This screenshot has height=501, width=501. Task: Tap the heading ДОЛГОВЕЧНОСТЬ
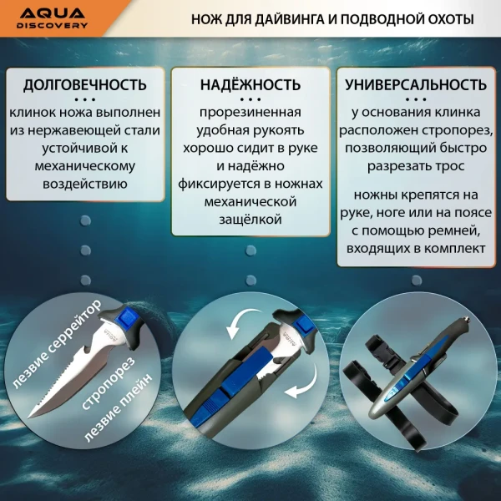click(x=85, y=84)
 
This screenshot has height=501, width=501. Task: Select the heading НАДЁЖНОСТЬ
click(x=250, y=84)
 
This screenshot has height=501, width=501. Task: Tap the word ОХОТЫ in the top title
click(x=445, y=18)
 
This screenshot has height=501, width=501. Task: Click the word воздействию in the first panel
click(x=86, y=182)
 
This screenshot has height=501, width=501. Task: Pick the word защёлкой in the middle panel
click(x=250, y=219)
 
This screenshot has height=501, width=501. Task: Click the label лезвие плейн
click(x=109, y=428)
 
